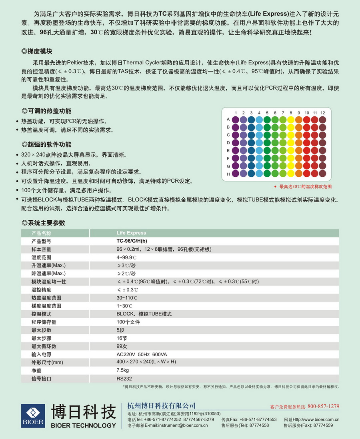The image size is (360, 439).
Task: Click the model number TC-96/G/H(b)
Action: coord(132,241)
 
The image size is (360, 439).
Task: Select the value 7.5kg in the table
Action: coord(122,370)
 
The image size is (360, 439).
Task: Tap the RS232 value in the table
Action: coord(124,378)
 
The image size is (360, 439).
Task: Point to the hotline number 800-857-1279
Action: coord(323,406)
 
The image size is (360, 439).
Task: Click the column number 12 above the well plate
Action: coord(322,113)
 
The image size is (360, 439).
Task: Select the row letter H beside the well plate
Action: coord(228,174)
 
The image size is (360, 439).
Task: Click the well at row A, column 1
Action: coord(236,119)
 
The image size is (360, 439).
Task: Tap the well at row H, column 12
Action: coord(322,174)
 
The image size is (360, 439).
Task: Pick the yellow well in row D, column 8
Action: coord(291,143)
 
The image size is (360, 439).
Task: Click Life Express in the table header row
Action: coord(131,233)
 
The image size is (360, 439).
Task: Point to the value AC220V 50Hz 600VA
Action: coord(142,354)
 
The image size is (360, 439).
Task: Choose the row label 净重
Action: coord(36,370)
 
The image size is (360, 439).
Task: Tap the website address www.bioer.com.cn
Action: coord(316,419)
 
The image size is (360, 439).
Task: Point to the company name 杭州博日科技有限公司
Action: coord(161,406)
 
